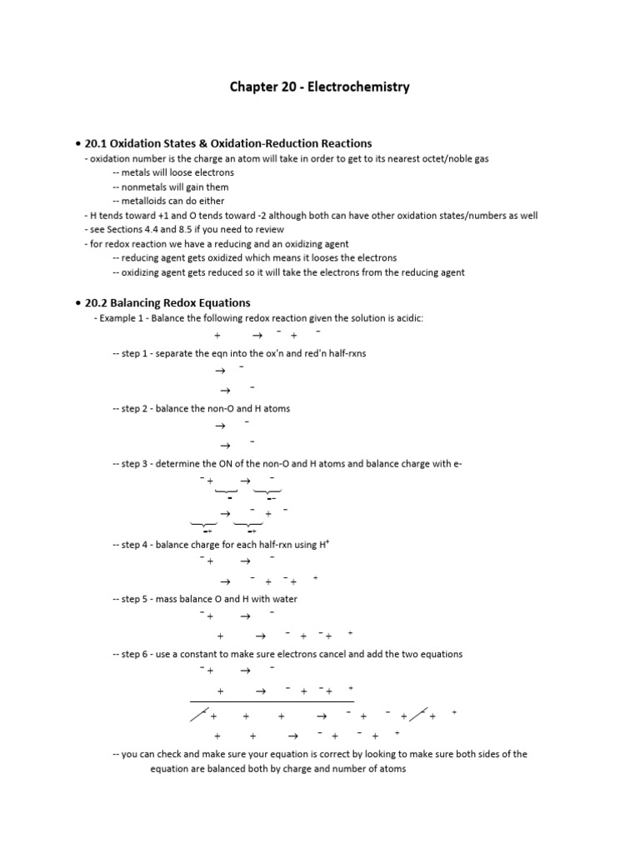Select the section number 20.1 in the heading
click(97, 143)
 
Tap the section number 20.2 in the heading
click(97, 302)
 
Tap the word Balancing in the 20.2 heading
click(143, 302)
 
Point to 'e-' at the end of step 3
click(457, 463)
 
